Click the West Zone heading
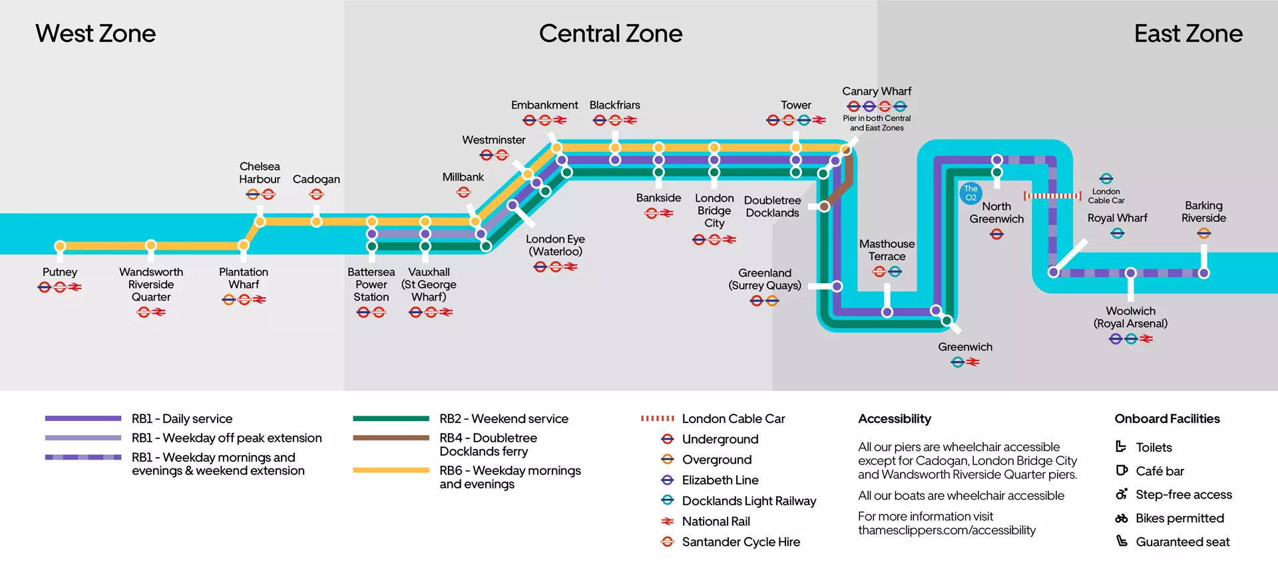95,33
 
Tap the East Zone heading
1187,33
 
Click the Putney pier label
60,272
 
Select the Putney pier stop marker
60,246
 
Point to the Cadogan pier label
316,179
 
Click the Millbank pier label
463,177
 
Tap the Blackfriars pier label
614,105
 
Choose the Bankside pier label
658,198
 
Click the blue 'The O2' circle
970,193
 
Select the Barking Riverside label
1203,212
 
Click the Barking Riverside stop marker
1203,273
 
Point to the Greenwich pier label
964,347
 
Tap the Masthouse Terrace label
887,250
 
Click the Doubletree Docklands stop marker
824,207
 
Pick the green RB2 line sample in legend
391,418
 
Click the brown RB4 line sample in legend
391,438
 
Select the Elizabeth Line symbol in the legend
667,480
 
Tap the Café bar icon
1122,470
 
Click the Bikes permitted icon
1122,518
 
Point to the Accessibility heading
894,418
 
